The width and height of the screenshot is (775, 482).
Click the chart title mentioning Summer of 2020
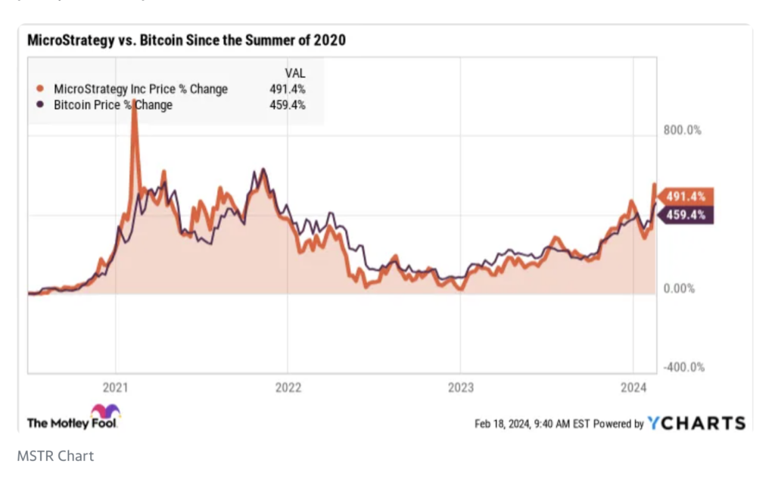tap(186, 40)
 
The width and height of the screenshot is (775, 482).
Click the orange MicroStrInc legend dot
tap(39, 89)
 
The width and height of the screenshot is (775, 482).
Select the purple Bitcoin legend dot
tap(39, 105)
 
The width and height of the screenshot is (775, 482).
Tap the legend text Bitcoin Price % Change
tap(113, 105)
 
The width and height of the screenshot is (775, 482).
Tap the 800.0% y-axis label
tap(683, 130)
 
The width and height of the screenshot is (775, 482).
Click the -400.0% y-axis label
tap(684, 368)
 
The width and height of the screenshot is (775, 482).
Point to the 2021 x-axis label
tap(115, 388)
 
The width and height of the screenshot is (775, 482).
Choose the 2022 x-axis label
tap(288, 388)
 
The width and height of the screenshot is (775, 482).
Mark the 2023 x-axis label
tap(460, 388)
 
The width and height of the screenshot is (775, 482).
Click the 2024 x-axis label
tap(633, 388)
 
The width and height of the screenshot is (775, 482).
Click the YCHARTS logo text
tap(696, 423)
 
